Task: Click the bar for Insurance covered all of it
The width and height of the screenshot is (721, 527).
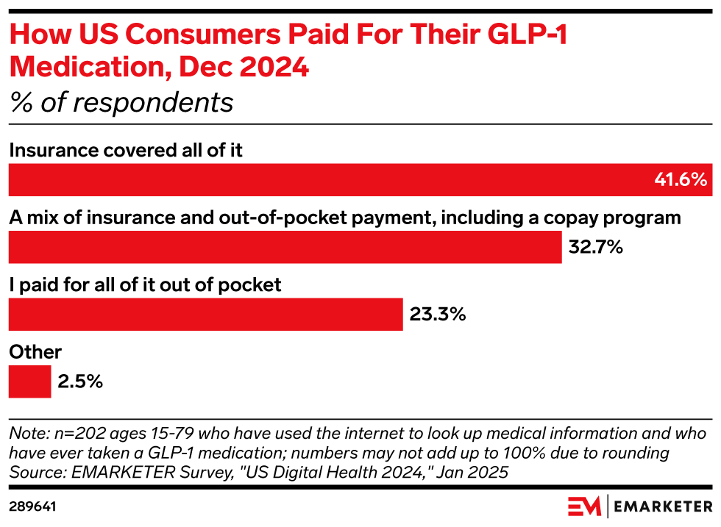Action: point(331,179)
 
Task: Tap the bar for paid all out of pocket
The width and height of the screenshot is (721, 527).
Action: point(205,315)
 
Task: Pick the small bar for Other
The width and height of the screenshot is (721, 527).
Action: point(29,381)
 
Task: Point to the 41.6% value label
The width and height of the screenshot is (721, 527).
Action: point(680,179)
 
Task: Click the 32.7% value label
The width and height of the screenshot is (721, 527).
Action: point(596,247)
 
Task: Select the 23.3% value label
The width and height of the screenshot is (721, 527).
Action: point(438,315)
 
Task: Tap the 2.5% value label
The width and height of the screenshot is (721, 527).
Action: point(80,381)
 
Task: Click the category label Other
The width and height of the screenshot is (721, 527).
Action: point(35,352)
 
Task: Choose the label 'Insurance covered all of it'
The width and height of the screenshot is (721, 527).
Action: point(125,151)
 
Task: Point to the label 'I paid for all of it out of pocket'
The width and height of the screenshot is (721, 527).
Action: point(145,284)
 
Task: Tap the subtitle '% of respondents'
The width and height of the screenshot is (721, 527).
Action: point(121,102)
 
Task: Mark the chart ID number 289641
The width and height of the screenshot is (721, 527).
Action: point(33,506)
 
